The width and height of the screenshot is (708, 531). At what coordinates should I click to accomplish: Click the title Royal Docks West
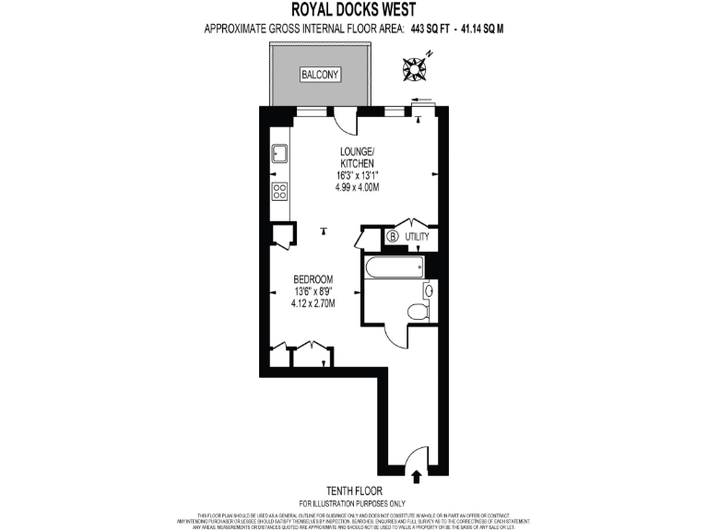click(353, 10)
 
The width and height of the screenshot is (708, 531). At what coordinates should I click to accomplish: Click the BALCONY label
click(320, 74)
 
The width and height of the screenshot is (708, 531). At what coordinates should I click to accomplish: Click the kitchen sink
click(280, 153)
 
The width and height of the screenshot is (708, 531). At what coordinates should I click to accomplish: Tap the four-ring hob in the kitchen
click(280, 192)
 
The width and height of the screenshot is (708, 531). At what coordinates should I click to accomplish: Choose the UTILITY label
click(418, 237)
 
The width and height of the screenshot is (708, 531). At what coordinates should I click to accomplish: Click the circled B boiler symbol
click(394, 237)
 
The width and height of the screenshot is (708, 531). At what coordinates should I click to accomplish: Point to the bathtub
click(394, 267)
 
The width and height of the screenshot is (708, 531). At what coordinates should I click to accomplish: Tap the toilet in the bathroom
click(418, 312)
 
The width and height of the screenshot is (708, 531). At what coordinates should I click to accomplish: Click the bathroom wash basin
click(428, 290)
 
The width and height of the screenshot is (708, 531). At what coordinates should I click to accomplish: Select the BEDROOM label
click(313, 279)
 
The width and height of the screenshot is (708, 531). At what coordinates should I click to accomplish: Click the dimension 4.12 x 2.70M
click(313, 303)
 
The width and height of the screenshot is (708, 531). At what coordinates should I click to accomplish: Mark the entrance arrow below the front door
click(415, 476)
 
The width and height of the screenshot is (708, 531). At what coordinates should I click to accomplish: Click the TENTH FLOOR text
click(354, 491)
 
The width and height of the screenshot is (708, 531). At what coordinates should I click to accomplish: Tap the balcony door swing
click(343, 121)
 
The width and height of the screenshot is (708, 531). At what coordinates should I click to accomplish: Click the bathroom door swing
click(396, 337)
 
